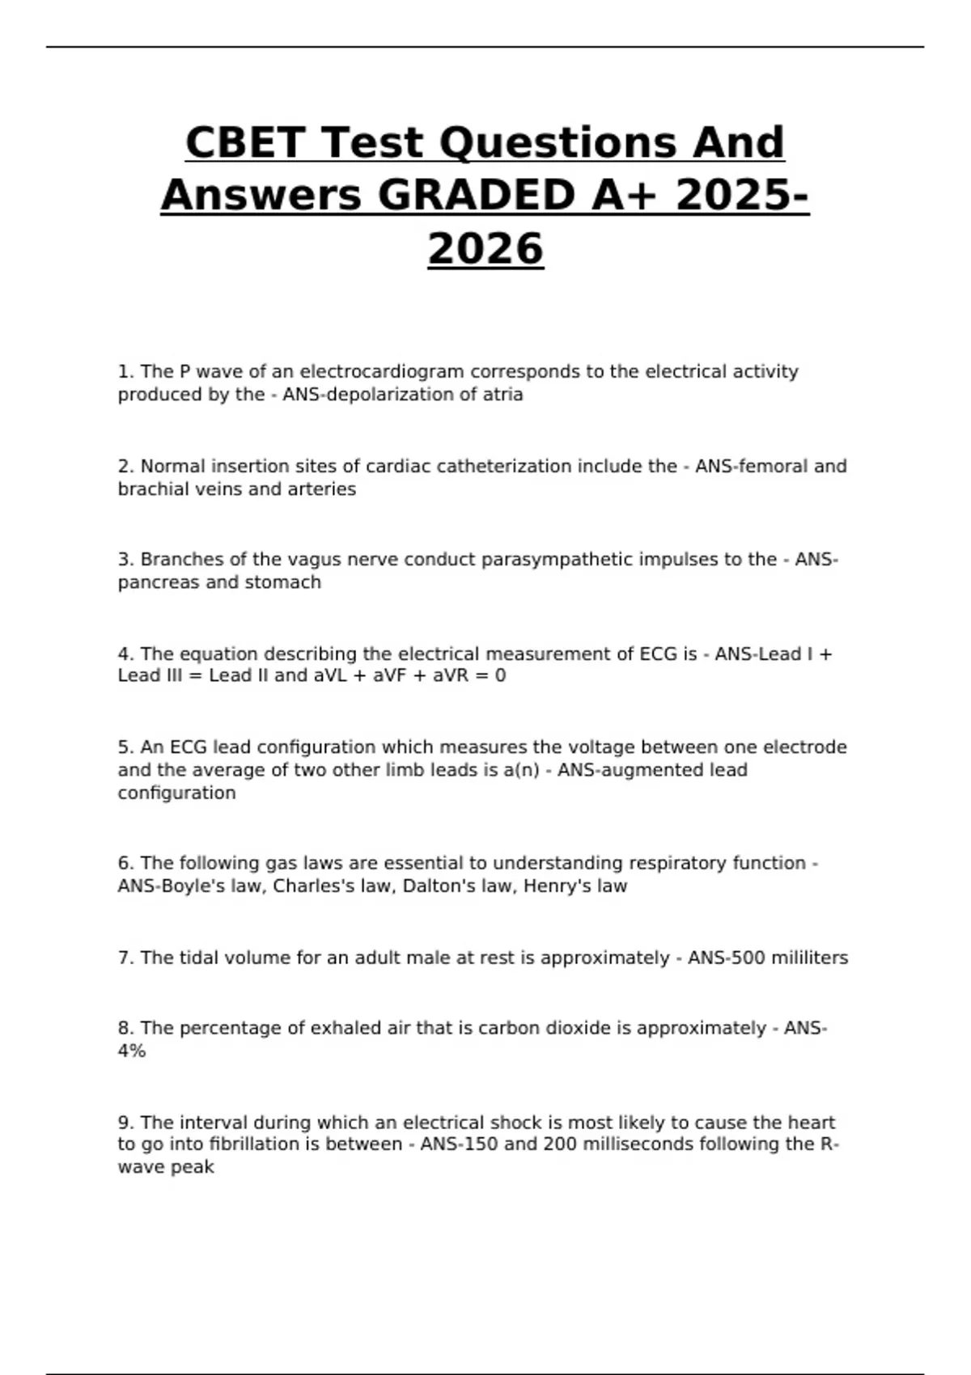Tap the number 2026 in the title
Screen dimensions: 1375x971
485,248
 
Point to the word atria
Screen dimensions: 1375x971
503,395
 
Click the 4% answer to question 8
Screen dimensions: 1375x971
132,1051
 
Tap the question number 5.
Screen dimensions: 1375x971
125,747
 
